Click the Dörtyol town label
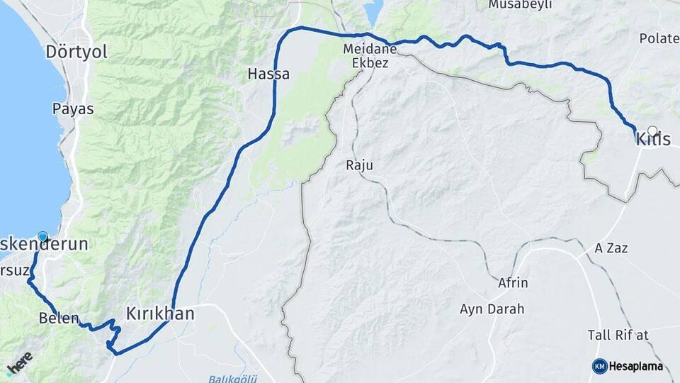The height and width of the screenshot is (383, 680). [x=75, y=52]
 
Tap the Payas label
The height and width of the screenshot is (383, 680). [x=73, y=109]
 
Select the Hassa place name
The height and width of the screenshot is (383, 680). [x=268, y=73]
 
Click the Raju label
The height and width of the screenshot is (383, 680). [x=359, y=165]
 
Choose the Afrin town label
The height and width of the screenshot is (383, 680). [x=514, y=283]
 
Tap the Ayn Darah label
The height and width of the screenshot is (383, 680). [x=492, y=309]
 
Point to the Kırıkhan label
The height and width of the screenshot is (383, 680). [x=159, y=313]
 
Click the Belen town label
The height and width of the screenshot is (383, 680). [x=59, y=318]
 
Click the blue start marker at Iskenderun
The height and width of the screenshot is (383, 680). [x=42, y=238]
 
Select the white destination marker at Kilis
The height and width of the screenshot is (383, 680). [x=652, y=131]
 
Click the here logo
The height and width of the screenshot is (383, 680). [x=19, y=362]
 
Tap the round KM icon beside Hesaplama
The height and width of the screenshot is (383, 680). [x=600, y=366]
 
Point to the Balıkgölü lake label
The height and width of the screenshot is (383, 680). [x=228, y=377]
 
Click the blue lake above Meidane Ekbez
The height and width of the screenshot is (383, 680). [x=373, y=11]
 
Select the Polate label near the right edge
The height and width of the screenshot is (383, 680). [x=659, y=38]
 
